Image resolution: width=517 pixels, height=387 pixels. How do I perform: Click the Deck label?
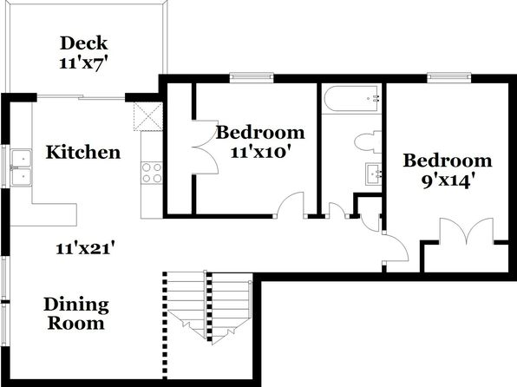pos(84,43)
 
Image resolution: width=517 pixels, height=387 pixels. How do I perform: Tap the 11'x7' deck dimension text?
pos(84,62)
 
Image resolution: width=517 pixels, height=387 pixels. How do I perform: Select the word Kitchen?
pos(83,153)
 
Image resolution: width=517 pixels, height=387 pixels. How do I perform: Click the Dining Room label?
pos(76,314)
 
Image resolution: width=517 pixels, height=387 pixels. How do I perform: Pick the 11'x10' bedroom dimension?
pos(261,152)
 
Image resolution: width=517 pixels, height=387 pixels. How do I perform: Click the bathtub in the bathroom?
pos(351,99)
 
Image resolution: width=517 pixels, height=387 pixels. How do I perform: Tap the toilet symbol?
pos(368,142)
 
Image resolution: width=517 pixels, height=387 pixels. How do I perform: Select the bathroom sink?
pos(373,174)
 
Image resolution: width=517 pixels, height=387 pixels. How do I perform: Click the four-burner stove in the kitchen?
pos(152,173)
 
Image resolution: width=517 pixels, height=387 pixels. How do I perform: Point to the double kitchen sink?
pos(21,167)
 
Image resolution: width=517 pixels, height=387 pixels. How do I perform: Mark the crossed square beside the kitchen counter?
pos(148,116)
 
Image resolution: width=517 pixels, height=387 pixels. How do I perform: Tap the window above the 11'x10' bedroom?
pos(252,77)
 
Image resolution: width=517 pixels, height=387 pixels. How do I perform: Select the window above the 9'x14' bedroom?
pos(449,77)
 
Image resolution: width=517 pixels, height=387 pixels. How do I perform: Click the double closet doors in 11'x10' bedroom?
pos(205,148)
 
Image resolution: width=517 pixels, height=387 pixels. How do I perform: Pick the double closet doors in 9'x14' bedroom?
pos(466,231)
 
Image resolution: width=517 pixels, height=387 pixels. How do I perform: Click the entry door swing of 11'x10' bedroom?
pos(290,205)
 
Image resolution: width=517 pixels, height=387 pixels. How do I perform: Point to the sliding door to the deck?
pos(81,97)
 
